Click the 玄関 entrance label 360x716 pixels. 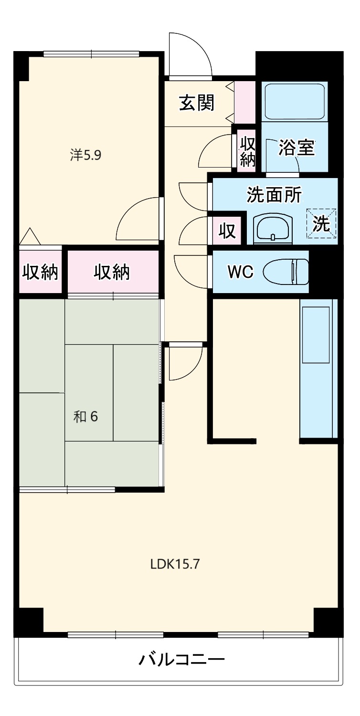pyautogui.click(x=196, y=103)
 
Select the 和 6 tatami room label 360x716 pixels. pyautogui.click(x=85, y=416)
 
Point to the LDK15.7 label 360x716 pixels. pyautogui.click(x=175, y=564)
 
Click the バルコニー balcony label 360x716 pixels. pyautogui.click(x=181, y=660)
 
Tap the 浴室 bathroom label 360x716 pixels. pyautogui.click(x=296, y=148)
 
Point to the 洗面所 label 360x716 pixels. pyautogui.click(x=274, y=195)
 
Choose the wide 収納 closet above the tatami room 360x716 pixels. pyautogui.click(x=112, y=272)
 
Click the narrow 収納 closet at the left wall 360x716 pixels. pyautogui.click(x=40, y=272)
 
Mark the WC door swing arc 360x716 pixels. pyautogui.click(x=191, y=272)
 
